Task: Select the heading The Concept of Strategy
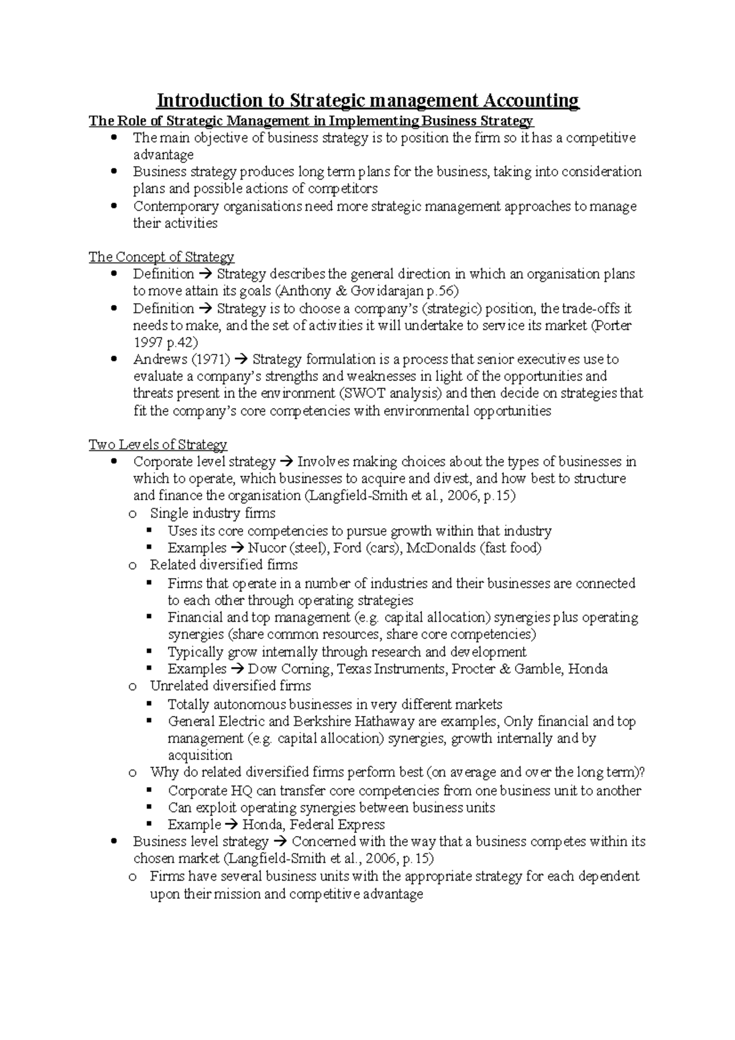161,257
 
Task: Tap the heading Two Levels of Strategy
157,445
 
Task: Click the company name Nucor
267,548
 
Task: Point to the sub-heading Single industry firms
213,513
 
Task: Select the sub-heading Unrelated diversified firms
230,686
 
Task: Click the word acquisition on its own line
200,756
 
